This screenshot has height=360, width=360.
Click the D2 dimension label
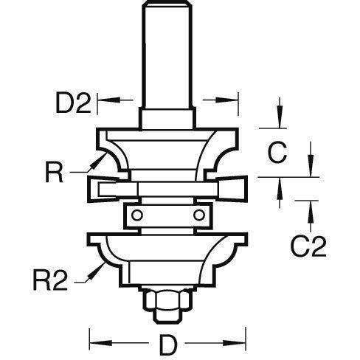tap(74, 103)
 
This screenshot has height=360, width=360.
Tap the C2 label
tap(308, 246)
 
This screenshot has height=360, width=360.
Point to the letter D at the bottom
tap(168, 345)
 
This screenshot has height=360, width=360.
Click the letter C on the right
tap(277, 152)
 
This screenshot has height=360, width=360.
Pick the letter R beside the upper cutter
tap(55, 172)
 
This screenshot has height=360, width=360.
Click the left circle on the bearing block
tap(137, 215)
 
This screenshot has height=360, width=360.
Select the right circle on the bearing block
tap(199, 215)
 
